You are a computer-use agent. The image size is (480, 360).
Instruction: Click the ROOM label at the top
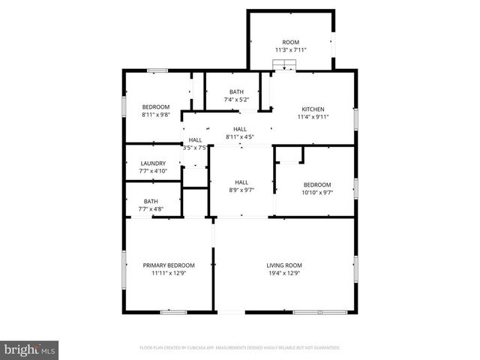pyautogui.click(x=289, y=43)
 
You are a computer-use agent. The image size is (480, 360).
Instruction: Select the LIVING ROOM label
pyautogui.click(x=284, y=265)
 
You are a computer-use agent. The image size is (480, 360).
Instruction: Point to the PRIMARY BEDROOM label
pyautogui.click(x=169, y=265)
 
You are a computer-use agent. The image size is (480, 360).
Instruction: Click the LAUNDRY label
pyautogui.click(x=152, y=163)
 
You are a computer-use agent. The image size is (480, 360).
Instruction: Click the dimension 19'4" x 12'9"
pyautogui.click(x=284, y=273)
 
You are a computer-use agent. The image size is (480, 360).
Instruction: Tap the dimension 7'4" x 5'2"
pyautogui.click(x=236, y=100)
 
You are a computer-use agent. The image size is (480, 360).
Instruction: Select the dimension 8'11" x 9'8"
pyautogui.click(x=156, y=115)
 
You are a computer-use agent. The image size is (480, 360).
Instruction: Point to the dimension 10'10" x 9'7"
pyautogui.click(x=316, y=193)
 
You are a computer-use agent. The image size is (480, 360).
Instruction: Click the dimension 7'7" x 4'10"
pyautogui.click(x=152, y=172)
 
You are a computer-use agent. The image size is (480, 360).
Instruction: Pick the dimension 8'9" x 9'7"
pyautogui.click(x=241, y=190)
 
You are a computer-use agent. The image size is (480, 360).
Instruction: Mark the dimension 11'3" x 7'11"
pyautogui.click(x=289, y=50)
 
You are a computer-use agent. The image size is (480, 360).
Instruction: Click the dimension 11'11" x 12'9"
pyautogui.click(x=169, y=273)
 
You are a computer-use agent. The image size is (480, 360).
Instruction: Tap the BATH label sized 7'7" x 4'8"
pyautogui.click(x=151, y=201)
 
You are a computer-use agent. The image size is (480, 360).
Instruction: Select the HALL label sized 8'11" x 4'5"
pyautogui.click(x=240, y=130)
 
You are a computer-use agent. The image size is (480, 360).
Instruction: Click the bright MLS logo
pyautogui.click(x=30, y=349)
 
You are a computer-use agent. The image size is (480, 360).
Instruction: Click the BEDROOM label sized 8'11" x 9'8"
pyautogui.click(x=156, y=106)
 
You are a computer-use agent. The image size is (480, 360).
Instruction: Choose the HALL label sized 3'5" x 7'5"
pyautogui.click(x=195, y=140)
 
